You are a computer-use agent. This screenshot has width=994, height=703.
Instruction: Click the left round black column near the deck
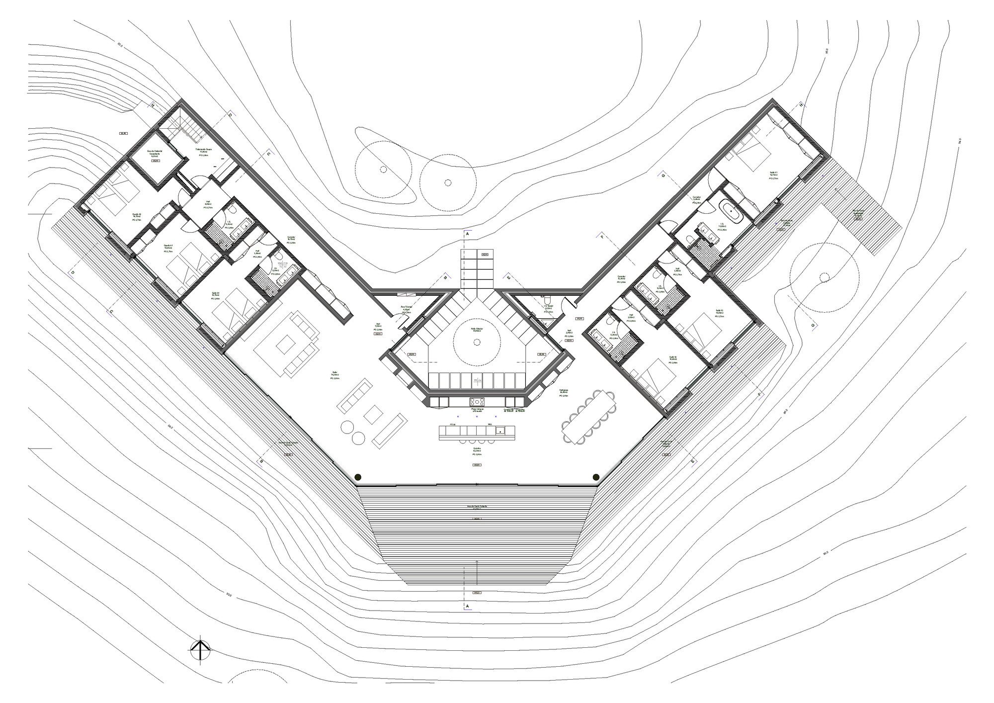pos(357,477)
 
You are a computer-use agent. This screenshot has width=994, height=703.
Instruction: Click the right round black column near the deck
pos(595,477)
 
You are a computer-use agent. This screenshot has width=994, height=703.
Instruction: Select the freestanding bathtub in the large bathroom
pos(731,215)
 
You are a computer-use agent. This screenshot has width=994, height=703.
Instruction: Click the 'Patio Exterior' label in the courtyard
pos(477,329)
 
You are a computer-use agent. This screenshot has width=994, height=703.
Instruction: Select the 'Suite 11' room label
pos(773,174)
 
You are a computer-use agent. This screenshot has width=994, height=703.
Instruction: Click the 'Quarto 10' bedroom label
pos(137,215)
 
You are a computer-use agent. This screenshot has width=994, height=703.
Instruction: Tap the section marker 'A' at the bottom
pos(467,606)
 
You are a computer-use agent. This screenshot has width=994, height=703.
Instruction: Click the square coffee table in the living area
pos(374,414)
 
